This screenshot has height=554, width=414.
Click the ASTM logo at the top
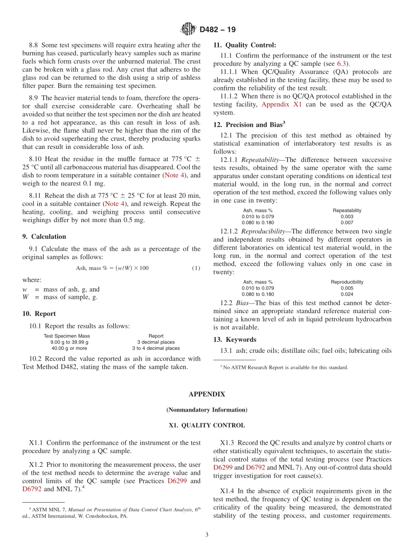(188, 30)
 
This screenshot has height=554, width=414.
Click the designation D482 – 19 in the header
(217, 30)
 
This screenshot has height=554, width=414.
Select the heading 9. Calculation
(44, 236)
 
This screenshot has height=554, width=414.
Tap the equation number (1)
(196, 268)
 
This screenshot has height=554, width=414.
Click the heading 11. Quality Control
(244, 45)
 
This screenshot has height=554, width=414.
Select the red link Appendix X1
(281, 104)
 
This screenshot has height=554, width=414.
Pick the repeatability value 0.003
(347, 216)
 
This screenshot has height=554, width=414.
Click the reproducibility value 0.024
(347, 294)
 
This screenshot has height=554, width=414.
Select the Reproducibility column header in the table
(347, 282)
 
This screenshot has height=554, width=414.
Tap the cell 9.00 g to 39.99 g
(69, 342)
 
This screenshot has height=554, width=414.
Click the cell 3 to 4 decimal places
(156, 348)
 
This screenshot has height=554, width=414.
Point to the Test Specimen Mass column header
(67, 336)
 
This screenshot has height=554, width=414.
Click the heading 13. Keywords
(235, 339)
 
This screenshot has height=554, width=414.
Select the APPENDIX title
(207, 394)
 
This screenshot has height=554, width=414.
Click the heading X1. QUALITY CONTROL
(207, 425)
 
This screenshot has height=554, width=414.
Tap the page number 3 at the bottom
(207, 535)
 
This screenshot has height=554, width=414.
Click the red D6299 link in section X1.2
(178, 481)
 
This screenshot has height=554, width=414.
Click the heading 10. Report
(39, 314)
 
